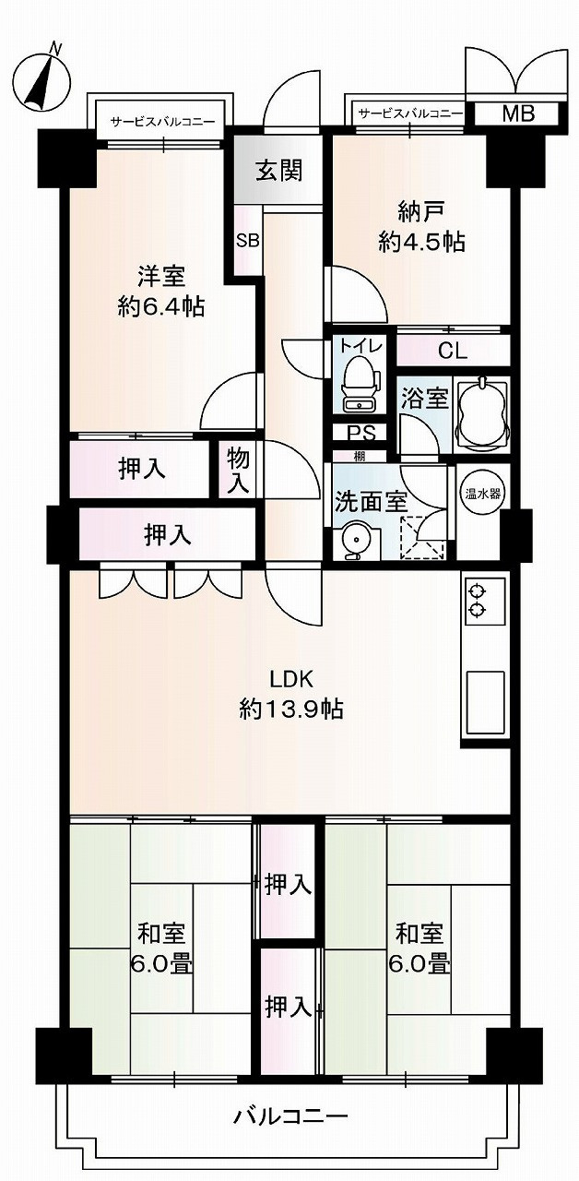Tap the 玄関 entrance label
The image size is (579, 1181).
[278, 171]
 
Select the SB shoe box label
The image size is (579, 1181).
[248, 241]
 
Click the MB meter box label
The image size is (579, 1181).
[516, 114]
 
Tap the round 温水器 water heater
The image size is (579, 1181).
[479, 493]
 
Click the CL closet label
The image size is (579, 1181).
[452, 351]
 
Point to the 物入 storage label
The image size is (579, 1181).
[239, 470]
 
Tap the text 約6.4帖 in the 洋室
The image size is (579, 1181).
[161, 306]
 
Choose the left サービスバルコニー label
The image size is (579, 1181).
[163, 121]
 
